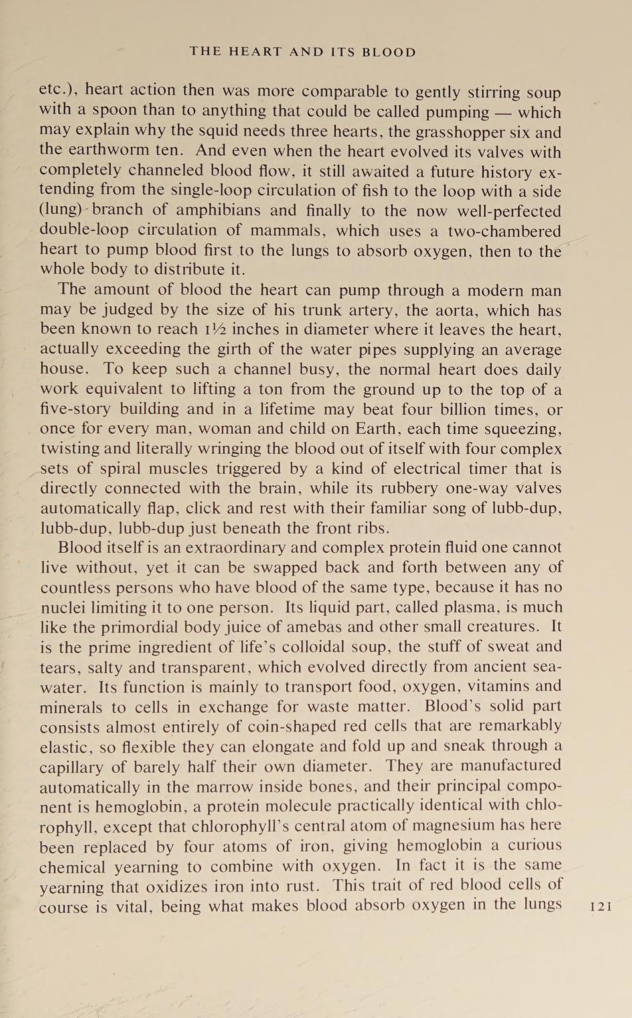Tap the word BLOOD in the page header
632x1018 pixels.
point(389,52)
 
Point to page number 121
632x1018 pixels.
point(600,906)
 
